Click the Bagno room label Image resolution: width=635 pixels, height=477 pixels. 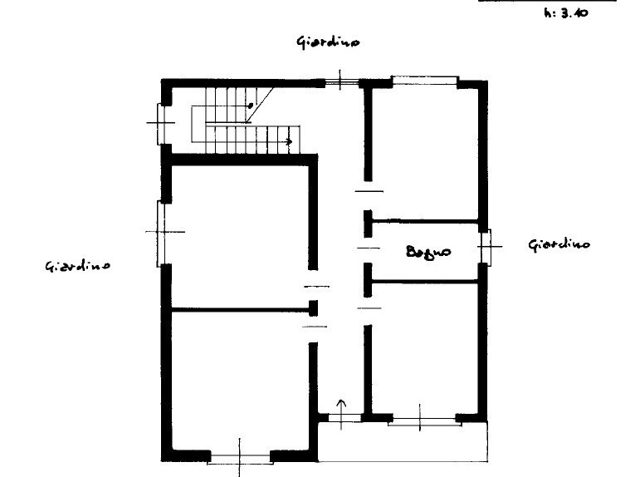tap(428, 252)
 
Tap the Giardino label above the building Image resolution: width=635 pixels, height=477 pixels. tap(328, 42)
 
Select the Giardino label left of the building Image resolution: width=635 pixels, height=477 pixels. tap(77, 266)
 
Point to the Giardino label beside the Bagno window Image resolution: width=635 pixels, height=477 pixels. tap(559, 244)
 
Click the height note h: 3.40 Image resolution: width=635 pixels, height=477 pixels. tap(566, 13)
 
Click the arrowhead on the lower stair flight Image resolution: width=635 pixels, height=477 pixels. tap(289, 142)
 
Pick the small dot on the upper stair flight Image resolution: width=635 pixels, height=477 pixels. tap(251, 106)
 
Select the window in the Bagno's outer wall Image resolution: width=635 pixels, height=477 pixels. tap(486, 247)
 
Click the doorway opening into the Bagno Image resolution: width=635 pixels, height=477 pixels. tap(368, 248)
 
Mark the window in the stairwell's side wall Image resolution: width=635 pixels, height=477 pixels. tap(161, 124)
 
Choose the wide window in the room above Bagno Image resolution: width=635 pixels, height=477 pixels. tap(425, 81)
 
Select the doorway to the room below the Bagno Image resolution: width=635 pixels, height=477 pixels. tap(369, 309)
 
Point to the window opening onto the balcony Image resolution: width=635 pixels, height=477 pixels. tap(424, 420)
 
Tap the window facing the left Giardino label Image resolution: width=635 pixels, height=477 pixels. tap(161, 233)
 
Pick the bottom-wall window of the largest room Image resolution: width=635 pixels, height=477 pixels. tap(240, 459)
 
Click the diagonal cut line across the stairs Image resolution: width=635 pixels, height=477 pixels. tap(260, 106)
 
